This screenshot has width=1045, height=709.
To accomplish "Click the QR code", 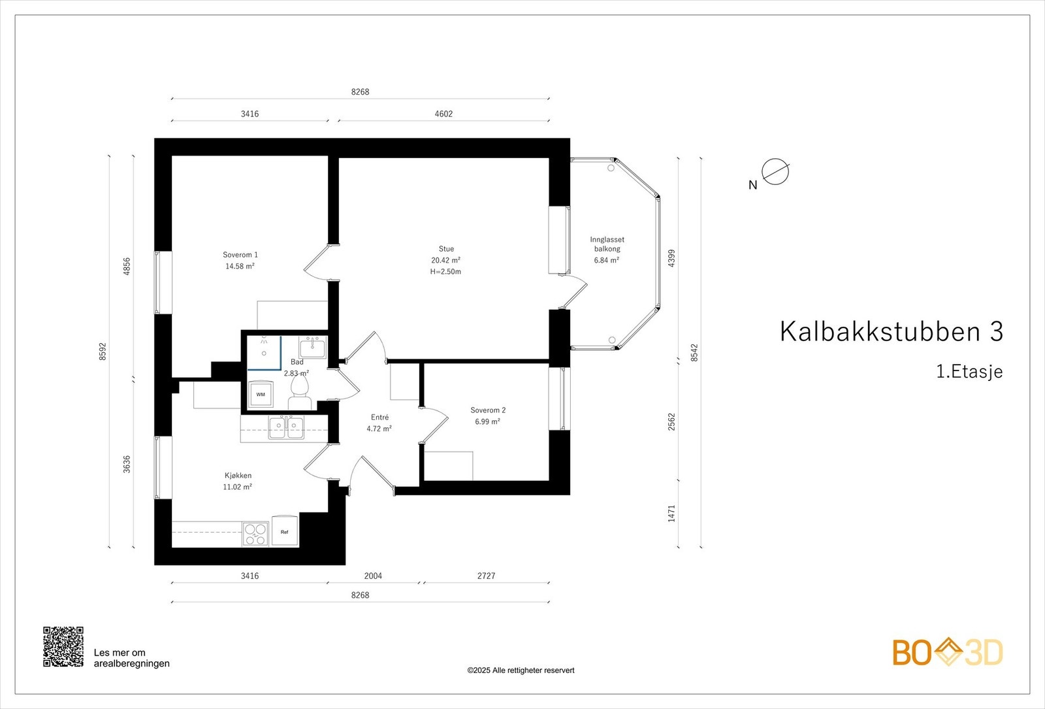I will tap(63, 646).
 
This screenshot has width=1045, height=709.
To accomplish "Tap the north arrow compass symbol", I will tap(775, 173).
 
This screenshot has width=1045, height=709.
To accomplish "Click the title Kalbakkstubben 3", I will tap(891, 332).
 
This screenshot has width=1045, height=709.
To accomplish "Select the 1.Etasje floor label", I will tap(969, 372).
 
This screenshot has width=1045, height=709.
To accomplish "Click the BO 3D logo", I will tap(948, 652).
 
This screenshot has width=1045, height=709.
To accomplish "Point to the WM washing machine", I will tap(261, 394).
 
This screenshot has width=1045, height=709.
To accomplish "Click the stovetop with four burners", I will tap(255, 533).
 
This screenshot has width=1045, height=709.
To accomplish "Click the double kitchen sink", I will tap(286, 428).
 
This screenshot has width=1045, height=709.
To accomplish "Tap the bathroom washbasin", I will tap(313, 347).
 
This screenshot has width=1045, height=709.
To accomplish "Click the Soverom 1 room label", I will tap(240, 255).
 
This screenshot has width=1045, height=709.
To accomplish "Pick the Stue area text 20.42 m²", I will tap(445, 260).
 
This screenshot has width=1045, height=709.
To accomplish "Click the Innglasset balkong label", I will tap(607, 244).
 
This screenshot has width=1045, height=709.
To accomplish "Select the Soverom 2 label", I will tap(488, 410).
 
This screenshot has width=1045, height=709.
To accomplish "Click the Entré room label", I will tap(379, 418).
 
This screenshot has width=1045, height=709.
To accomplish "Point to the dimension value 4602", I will tap(443, 114).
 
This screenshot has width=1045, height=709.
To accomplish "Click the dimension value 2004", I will tap(373, 576).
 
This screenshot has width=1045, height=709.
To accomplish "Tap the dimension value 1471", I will tap(672, 513).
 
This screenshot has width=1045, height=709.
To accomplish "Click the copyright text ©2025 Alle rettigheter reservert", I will tap(521, 670).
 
